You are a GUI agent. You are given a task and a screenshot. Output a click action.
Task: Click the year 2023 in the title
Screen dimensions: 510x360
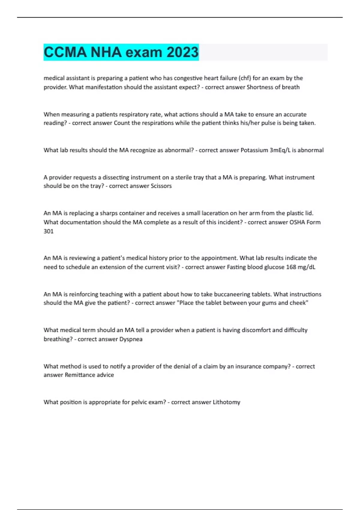tap(183, 52)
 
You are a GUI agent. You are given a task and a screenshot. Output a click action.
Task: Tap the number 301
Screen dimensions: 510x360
tap(49, 231)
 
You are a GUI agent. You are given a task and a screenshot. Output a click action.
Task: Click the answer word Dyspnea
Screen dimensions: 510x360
tap(131, 339)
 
